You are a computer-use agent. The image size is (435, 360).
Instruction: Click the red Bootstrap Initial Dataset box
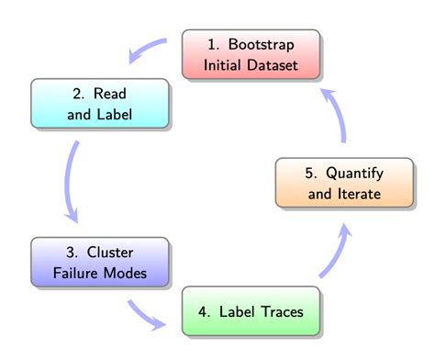coord(251,55)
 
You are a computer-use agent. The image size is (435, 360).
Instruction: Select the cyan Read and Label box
coord(100,105)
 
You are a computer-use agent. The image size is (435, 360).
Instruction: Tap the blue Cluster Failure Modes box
coord(100,263)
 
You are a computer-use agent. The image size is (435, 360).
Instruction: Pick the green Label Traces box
coord(251,311)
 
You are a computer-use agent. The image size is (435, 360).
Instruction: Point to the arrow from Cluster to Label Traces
coord(147,315)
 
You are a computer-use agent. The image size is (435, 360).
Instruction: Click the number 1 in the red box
coord(209,45)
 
